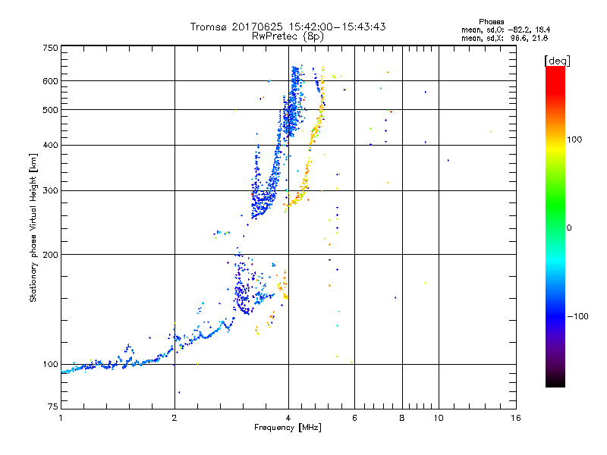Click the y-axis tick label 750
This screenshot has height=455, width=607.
(x=50, y=48)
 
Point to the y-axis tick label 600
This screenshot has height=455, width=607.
(x=50, y=81)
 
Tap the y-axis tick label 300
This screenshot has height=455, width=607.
(x=50, y=191)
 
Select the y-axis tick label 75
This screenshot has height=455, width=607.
(x=52, y=408)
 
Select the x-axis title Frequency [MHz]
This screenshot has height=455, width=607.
(x=288, y=428)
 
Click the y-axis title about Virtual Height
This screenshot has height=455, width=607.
(x=33, y=227)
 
